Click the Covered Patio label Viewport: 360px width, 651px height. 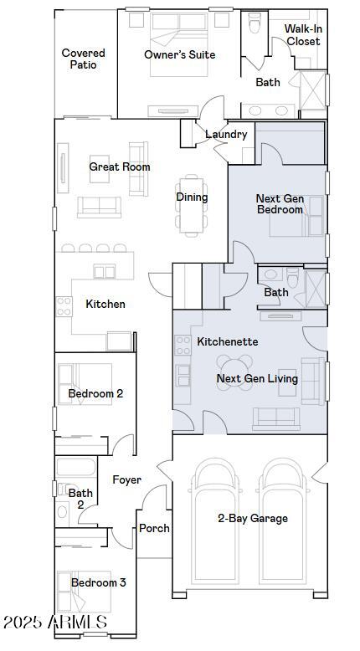(83, 59)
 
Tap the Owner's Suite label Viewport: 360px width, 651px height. (180, 54)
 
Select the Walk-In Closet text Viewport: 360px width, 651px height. (304, 35)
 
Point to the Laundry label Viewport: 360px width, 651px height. (226, 134)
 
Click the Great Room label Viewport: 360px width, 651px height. (120, 167)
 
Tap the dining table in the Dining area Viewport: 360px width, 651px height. (192, 206)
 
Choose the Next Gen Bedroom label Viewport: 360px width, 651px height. (280, 204)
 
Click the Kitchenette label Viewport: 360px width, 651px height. (228, 341)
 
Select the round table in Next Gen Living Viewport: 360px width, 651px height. (234, 372)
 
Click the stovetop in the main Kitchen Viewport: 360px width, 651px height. (64, 306)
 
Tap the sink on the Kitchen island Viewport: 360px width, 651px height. (104, 271)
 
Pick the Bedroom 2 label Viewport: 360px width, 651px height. (95, 393)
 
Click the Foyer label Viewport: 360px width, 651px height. (127, 480)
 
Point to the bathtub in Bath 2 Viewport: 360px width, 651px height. (76, 467)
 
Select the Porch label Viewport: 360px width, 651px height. (154, 528)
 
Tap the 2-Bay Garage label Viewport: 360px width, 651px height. (253, 518)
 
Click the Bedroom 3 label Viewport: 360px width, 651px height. (99, 582)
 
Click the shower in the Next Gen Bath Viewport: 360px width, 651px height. (316, 289)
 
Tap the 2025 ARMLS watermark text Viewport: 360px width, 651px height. (55, 622)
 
